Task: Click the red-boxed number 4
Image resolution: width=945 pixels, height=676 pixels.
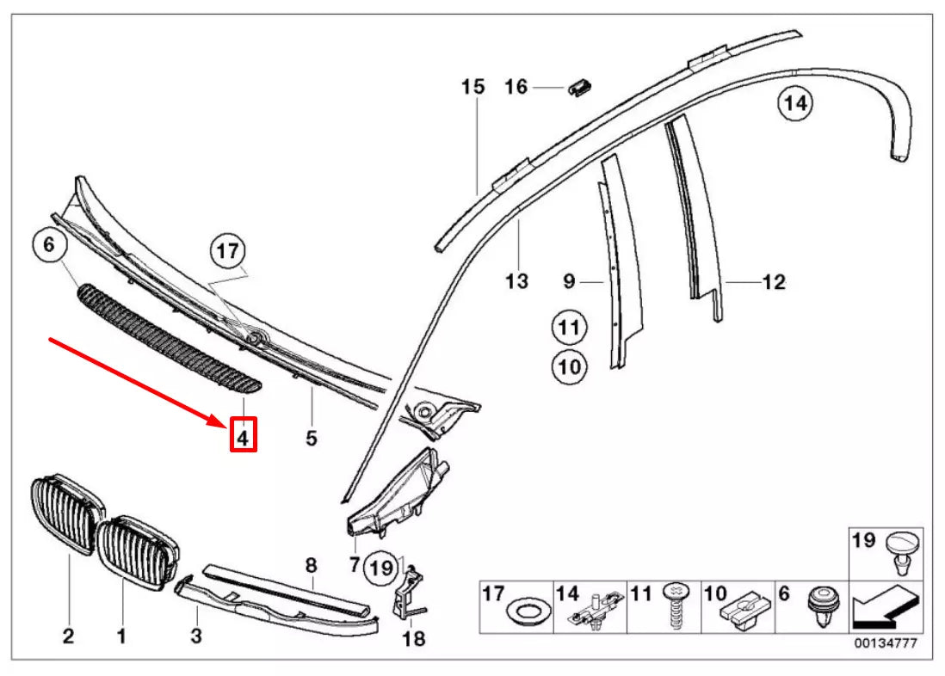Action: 243,438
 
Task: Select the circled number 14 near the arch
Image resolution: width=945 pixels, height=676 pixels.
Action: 794,104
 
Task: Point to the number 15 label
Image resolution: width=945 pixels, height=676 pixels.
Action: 472,87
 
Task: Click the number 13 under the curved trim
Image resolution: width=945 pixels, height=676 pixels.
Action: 516,281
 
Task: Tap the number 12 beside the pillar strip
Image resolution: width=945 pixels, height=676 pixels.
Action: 774,281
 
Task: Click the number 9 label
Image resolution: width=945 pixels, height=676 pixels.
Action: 568,281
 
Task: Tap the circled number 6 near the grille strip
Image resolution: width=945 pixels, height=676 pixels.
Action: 49,245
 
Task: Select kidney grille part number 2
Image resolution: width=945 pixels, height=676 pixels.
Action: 67,636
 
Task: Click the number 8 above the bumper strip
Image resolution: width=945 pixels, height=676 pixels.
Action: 312,565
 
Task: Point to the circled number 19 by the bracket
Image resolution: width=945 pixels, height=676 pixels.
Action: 380,567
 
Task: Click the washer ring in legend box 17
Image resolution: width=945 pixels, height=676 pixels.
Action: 525,614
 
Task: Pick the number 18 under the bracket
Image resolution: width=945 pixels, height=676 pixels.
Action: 414,638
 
